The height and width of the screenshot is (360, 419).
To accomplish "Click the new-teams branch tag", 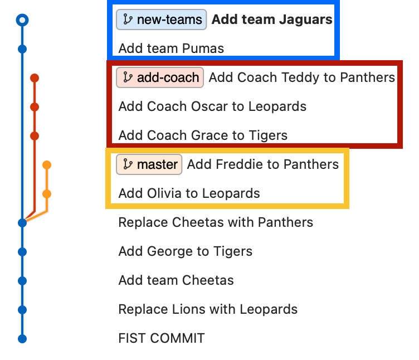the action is [162, 20].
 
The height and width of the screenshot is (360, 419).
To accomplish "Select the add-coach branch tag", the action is [160, 77].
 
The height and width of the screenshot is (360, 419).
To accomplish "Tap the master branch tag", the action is [149, 164].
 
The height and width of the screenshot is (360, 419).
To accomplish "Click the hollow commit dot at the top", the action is [22, 21].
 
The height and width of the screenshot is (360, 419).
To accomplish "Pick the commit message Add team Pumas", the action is [171, 48].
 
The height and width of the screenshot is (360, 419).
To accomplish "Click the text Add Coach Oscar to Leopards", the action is [212, 106].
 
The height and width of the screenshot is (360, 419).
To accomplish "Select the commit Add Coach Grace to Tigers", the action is [203, 135].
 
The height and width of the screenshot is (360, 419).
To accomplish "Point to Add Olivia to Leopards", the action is [189, 193].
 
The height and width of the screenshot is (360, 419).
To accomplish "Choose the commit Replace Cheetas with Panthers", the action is [216, 222].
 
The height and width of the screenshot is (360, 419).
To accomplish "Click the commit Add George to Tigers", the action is [185, 251].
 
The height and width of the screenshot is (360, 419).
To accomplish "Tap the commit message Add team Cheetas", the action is [176, 280].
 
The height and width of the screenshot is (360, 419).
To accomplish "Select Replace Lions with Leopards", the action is [208, 309].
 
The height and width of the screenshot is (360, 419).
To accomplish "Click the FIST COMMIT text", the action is [162, 338].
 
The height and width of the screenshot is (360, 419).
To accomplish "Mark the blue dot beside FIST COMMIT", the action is [22, 338].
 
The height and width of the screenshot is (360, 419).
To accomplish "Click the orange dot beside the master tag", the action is [47, 165].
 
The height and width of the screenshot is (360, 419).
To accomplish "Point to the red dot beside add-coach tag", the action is [35, 78].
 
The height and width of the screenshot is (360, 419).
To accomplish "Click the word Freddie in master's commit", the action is [237, 164].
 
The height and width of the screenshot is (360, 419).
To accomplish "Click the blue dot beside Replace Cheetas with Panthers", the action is [22, 223].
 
